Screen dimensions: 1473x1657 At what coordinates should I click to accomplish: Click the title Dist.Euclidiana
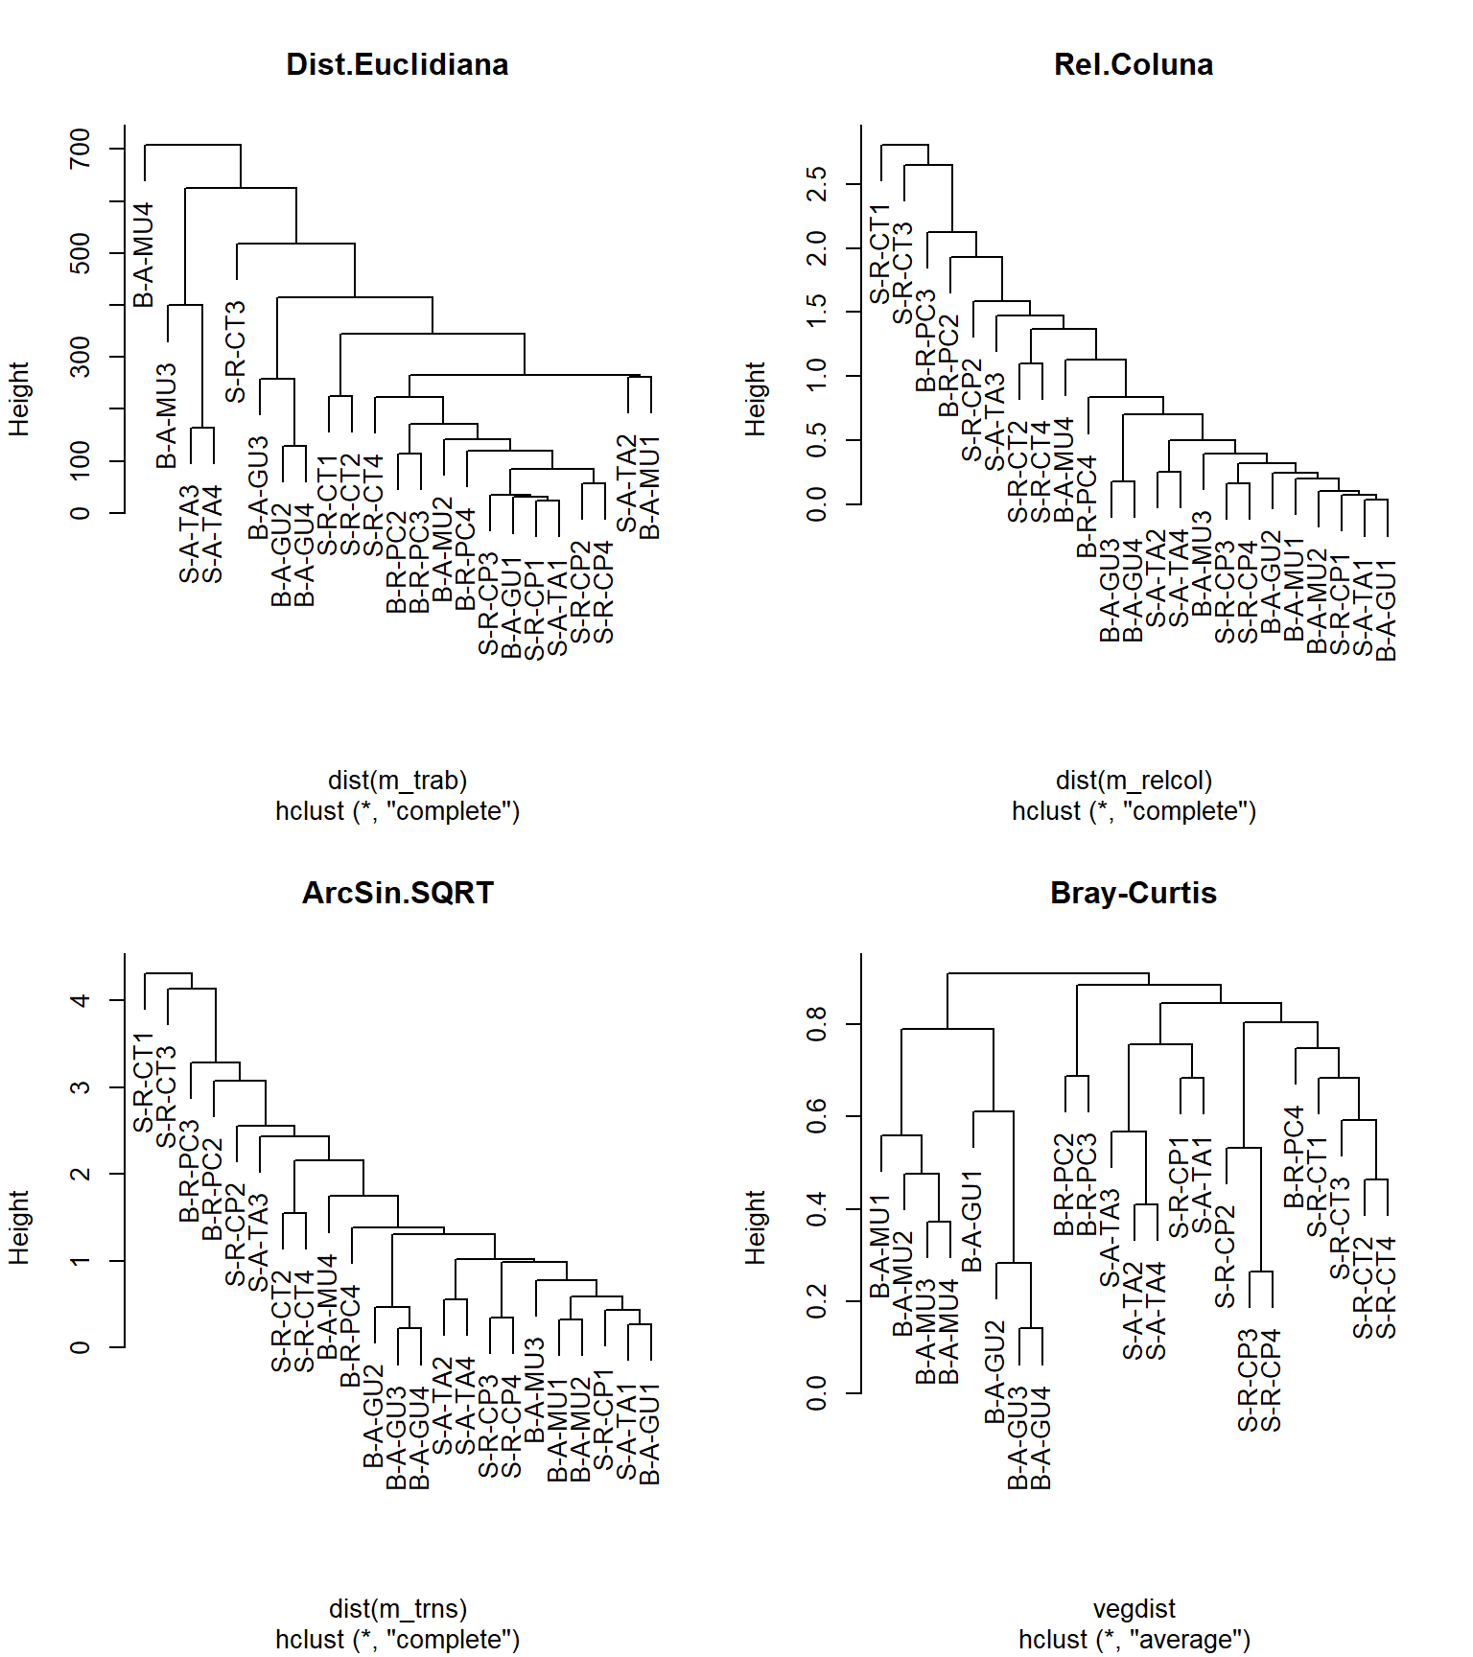(397, 64)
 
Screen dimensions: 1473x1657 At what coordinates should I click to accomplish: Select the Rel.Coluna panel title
(1134, 64)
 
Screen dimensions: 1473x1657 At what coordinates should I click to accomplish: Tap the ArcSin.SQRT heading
(397, 893)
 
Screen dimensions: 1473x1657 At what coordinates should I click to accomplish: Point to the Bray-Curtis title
(1134, 893)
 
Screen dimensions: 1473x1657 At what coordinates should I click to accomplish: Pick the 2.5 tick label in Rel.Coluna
(817, 183)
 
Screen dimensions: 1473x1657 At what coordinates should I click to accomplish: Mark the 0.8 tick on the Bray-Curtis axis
(817, 1024)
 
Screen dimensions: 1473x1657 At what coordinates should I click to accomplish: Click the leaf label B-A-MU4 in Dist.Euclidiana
(144, 254)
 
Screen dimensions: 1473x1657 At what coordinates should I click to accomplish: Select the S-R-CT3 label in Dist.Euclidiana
(236, 352)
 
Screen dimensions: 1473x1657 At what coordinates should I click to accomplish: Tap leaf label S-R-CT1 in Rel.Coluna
(880, 253)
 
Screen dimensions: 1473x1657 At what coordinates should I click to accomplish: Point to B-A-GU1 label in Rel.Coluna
(1387, 611)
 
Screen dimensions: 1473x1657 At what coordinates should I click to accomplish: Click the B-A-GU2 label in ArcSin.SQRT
(374, 1415)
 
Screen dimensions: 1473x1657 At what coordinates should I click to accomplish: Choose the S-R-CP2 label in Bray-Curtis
(1226, 1257)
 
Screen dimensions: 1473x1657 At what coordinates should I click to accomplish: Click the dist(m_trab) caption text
(397, 781)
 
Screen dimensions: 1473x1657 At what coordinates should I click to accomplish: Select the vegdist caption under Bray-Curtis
(1134, 1609)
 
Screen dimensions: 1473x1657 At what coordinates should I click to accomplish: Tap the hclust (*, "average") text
(1134, 1640)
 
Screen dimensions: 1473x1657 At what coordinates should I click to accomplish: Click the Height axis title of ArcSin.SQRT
(19, 1227)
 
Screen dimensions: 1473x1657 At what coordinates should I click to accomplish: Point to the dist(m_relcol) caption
(1134, 781)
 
